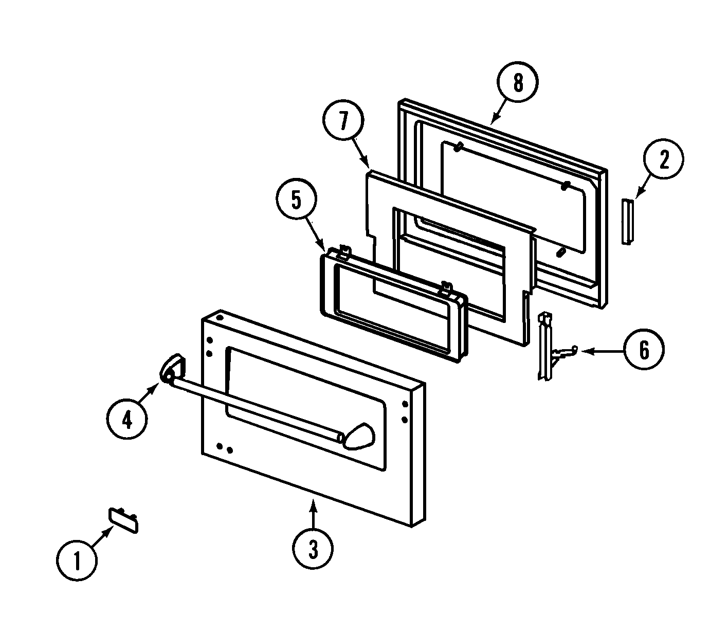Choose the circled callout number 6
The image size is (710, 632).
click(644, 351)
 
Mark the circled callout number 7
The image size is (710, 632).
click(343, 122)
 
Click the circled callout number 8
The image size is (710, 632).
click(518, 83)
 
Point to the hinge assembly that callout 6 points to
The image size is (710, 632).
click(546, 347)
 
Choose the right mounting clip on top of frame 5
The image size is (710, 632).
click(446, 289)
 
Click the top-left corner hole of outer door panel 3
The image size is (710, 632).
click(220, 318)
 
